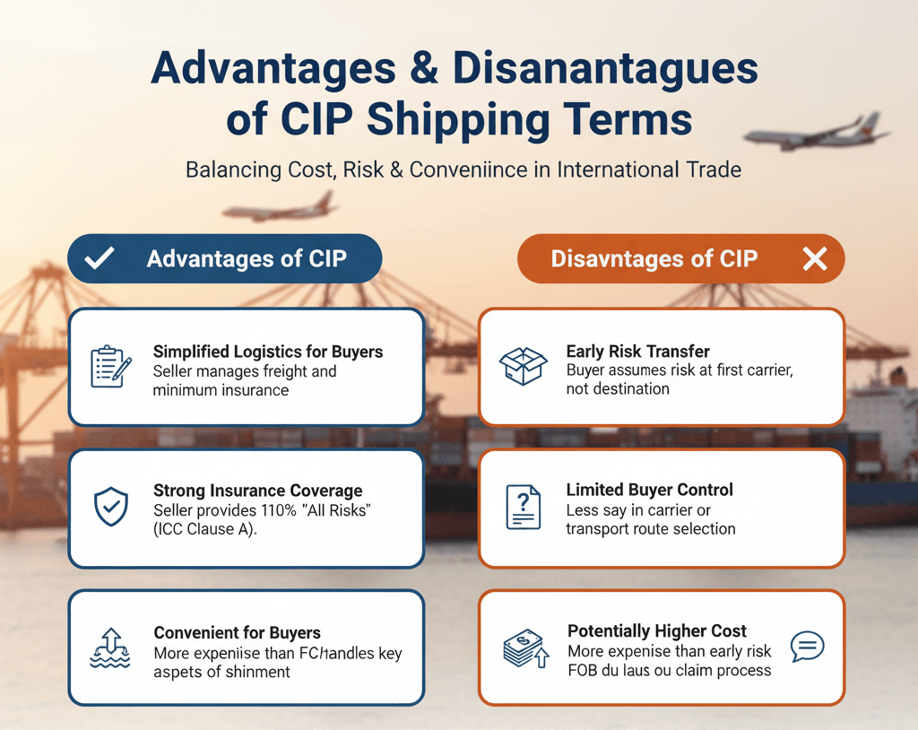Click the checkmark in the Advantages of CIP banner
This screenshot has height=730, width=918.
pos(99,259)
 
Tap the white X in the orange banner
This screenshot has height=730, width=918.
pos(814,259)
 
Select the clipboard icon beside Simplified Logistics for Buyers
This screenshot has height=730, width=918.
pos(111,366)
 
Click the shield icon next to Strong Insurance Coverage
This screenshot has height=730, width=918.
pos(111,506)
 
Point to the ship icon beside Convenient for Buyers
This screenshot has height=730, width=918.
pos(111,647)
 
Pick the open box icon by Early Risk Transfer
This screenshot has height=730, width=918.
pos(523,366)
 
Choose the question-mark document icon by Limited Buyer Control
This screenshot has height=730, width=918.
pos(523,507)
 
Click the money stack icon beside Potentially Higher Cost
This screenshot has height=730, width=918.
pos(523,648)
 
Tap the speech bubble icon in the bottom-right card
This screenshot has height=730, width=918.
pos(807,646)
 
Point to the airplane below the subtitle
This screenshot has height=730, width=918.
pos(280,209)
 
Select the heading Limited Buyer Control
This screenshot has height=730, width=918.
pos(649,490)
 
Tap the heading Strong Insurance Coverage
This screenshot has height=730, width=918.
pos(257,491)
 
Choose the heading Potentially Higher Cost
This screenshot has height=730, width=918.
pos(656,631)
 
